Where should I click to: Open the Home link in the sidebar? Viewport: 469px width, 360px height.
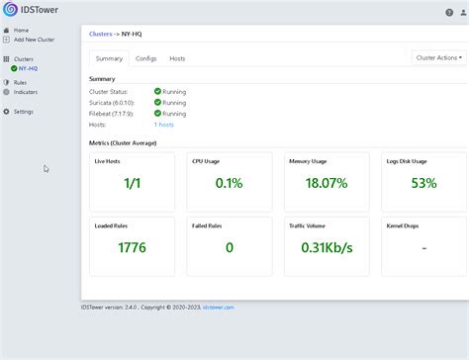click(21, 30)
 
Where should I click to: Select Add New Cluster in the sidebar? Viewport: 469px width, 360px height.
click(34, 39)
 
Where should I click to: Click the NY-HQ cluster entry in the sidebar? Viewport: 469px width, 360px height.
click(27, 68)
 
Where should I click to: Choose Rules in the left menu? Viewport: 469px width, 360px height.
click(20, 82)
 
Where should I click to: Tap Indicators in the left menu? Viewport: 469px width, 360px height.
click(26, 91)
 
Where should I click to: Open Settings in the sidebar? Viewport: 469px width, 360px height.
click(23, 111)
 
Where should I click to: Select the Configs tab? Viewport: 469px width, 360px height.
click(145, 59)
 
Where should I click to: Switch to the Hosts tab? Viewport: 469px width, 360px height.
click(177, 59)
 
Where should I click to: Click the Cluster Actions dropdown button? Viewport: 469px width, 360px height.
click(438, 58)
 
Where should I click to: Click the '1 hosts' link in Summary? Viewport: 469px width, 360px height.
click(164, 125)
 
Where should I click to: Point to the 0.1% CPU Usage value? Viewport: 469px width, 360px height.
click(229, 183)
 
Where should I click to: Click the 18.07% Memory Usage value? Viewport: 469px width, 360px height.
click(326, 183)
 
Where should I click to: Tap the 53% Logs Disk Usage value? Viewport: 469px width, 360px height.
click(423, 183)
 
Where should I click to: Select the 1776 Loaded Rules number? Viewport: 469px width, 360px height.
click(132, 247)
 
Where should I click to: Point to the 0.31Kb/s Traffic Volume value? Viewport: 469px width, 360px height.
click(326, 247)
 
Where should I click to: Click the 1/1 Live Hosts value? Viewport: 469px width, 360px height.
click(132, 183)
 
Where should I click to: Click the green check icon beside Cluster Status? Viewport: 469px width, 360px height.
click(157, 91)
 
